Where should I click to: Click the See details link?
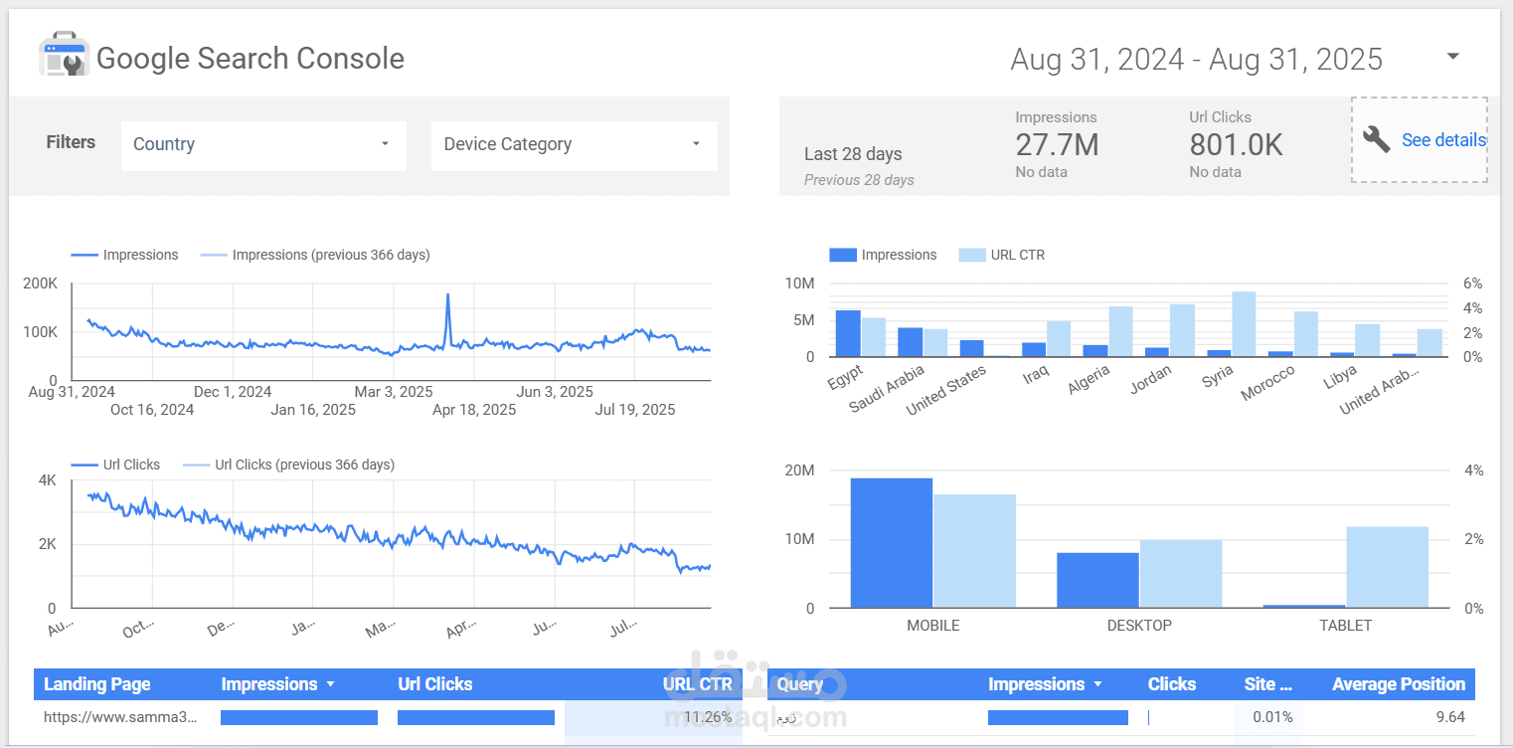[1442, 140]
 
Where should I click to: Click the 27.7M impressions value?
[1057, 145]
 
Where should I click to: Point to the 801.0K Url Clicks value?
[1236, 145]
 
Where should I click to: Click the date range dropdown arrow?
[1452, 57]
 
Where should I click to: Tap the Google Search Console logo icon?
[64, 56]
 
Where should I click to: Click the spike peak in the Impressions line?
[448, 295]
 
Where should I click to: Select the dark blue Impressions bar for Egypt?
[847, 333]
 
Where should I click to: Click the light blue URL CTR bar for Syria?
[1244, 323]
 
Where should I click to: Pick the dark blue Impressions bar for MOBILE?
[891, 543]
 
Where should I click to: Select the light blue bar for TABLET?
[1387, 567]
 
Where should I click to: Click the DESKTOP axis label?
[1139, 626]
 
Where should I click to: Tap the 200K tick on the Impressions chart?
[40, 283]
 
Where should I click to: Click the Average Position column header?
[1398, 684]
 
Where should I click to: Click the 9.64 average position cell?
[1446, 717]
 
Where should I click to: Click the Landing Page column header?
[97, 684]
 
